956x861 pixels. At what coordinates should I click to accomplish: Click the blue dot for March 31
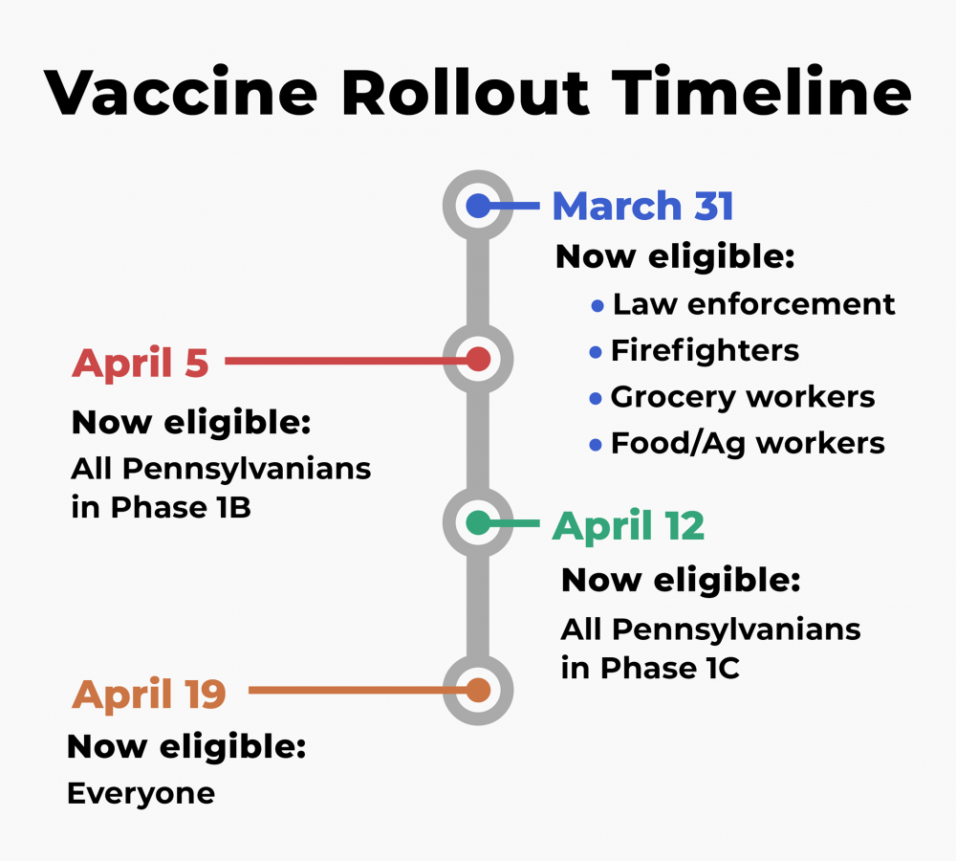(x=478, y=206)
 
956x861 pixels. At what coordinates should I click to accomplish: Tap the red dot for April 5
(x=478, y=359)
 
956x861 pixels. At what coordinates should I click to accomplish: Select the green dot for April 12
(x=478, y=523)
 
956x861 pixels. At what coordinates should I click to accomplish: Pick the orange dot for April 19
(x=478, y=690)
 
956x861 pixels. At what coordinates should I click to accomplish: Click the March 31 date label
(x=642, y=206)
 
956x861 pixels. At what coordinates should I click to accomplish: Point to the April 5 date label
(x=141, y=364)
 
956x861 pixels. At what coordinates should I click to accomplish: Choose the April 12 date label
(x=628, y=526)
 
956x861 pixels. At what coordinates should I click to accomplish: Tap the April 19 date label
(x=149, y=695)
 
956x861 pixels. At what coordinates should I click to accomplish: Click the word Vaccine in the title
(x=181, y=93)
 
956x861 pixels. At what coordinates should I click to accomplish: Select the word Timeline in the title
(x=762, y=92)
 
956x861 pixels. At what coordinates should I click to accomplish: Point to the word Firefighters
(x=705, y=350)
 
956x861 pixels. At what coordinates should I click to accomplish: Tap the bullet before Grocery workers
(x=596, y=399)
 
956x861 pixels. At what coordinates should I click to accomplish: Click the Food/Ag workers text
(x=748, y=444)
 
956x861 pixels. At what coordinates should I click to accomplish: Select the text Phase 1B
(x=181, y=507)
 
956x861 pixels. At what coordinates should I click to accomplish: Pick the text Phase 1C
(x=670, y=668)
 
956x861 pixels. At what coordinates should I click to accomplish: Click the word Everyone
(x=141, y=794)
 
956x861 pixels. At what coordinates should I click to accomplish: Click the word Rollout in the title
(x=466, y=92)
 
